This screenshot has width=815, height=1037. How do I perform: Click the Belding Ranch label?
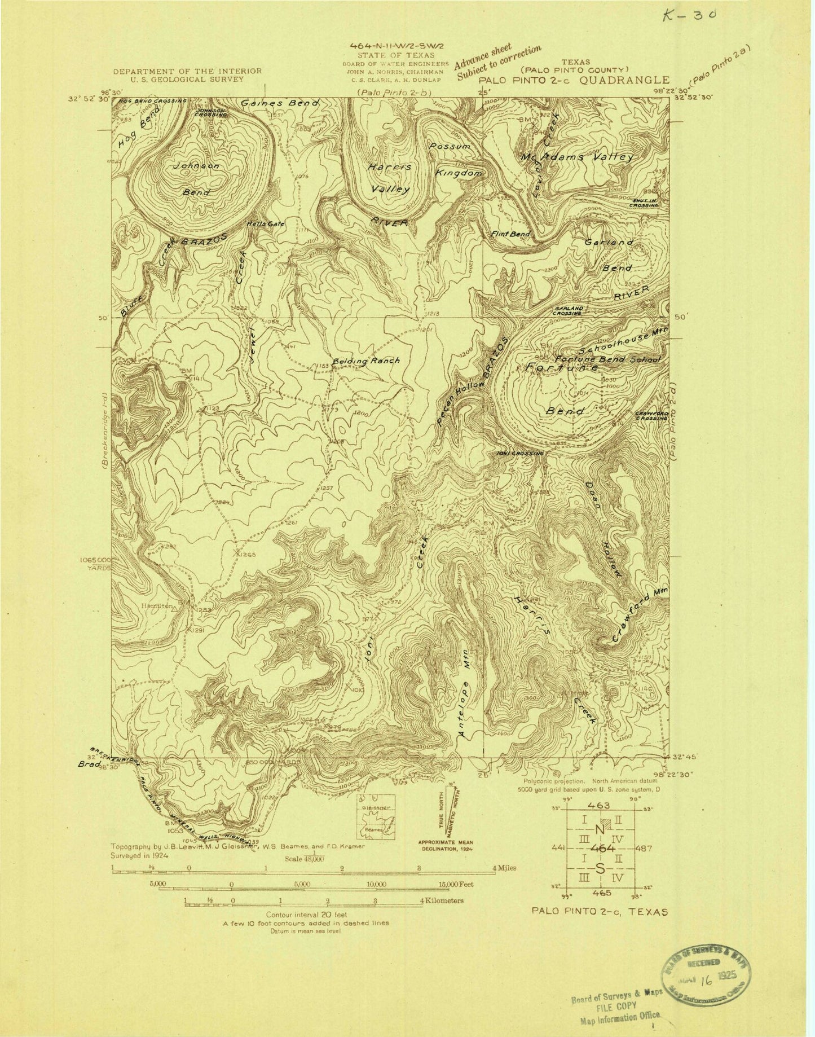pyautogui.click(x=366, y=361)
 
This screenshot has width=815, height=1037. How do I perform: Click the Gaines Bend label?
pyautogui.click(x=280, y=103)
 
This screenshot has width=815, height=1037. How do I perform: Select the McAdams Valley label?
pyautogui.click(x=578, y=157)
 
